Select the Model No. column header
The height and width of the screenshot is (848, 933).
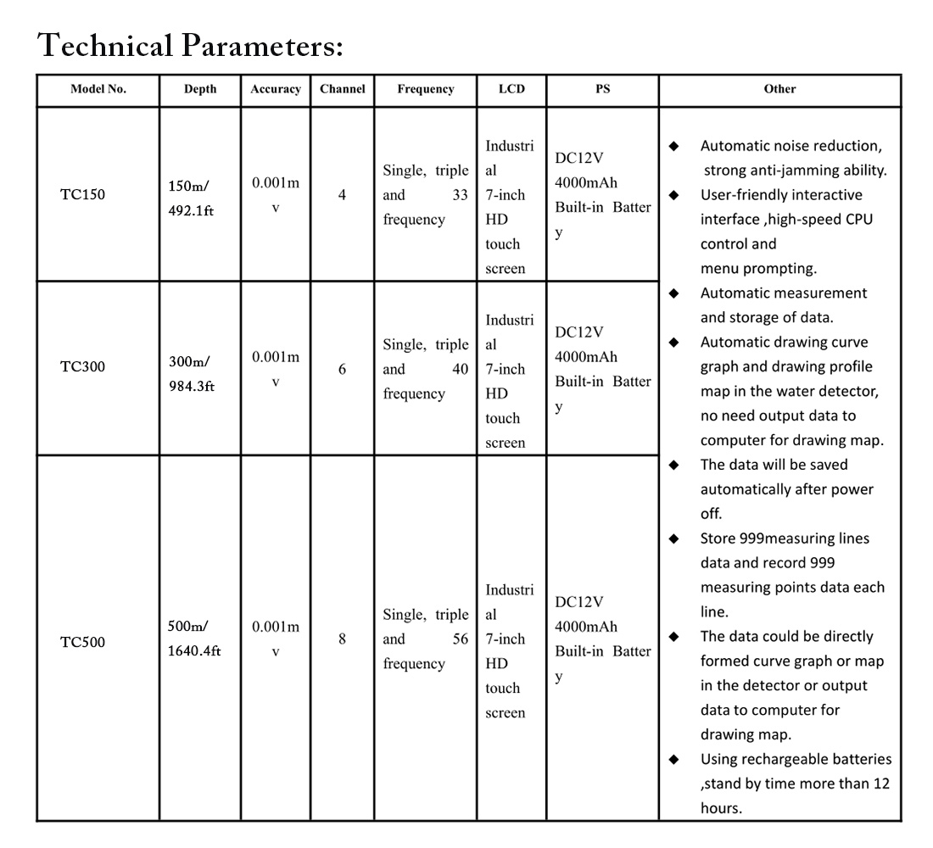click(x=98, y=89)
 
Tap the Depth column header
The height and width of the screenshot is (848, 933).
click(x=200, y=89)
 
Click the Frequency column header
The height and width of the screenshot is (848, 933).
click(x=426, y=89)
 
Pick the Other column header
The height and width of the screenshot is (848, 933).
click(x=779, y=89)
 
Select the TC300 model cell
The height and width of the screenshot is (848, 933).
click(x=83, y=369)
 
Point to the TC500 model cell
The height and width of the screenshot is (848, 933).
click(x=83, y=642)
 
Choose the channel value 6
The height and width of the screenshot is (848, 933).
click(x=342, y=370)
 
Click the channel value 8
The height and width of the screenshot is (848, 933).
click(x=342, y=639)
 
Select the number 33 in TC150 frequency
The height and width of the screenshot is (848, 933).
click(x=460, y=196)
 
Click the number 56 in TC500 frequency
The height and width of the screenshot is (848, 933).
click(x=460, y=639)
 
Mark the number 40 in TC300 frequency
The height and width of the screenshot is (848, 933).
click(x=460, y=370)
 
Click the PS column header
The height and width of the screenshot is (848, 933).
click(x=602, y=89)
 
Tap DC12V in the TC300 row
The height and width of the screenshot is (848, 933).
click(x=579, y=332)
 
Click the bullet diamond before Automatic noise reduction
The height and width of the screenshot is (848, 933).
click(x=674, y=147)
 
